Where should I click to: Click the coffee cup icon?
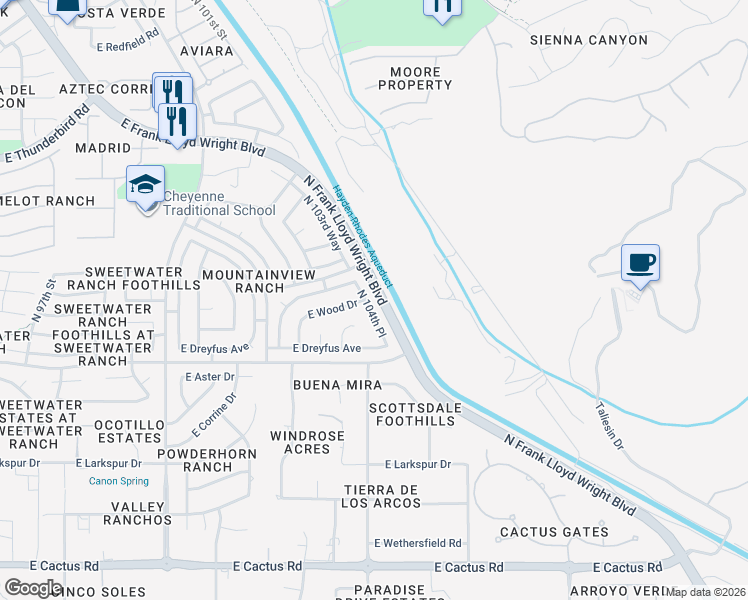pyautogui.click(x=640, y=263)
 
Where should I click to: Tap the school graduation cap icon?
pyautogui.click(x=146, y=184)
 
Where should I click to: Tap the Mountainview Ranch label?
pyautogui.click(x=259, y=281)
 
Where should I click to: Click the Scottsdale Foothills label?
pyautogui.click(x=412, y=415)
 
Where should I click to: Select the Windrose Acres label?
pyautogui.click(x=307, y=442)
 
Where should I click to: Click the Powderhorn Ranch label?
pyautogui.click(x=209, y=460)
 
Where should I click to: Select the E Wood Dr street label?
pyautogui.click(x=332, y=311)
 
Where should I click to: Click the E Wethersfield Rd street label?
pyautogui.click(x=417, y=543)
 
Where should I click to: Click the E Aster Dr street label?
pyautogui.click(x=210, y=377)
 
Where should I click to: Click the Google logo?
pyautogui.click(x=34, y=588)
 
